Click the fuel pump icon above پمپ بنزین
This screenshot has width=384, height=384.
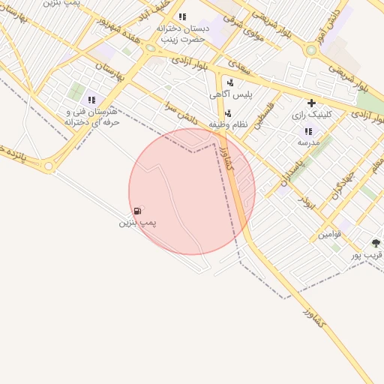pos(136,211)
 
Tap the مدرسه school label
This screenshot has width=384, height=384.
pos(308,142)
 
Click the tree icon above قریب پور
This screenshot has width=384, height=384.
pos(376,243)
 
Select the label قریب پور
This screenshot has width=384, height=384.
pos(367,255)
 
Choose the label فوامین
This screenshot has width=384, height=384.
pos(329,234)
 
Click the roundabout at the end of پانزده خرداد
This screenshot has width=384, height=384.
pos(49,166)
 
